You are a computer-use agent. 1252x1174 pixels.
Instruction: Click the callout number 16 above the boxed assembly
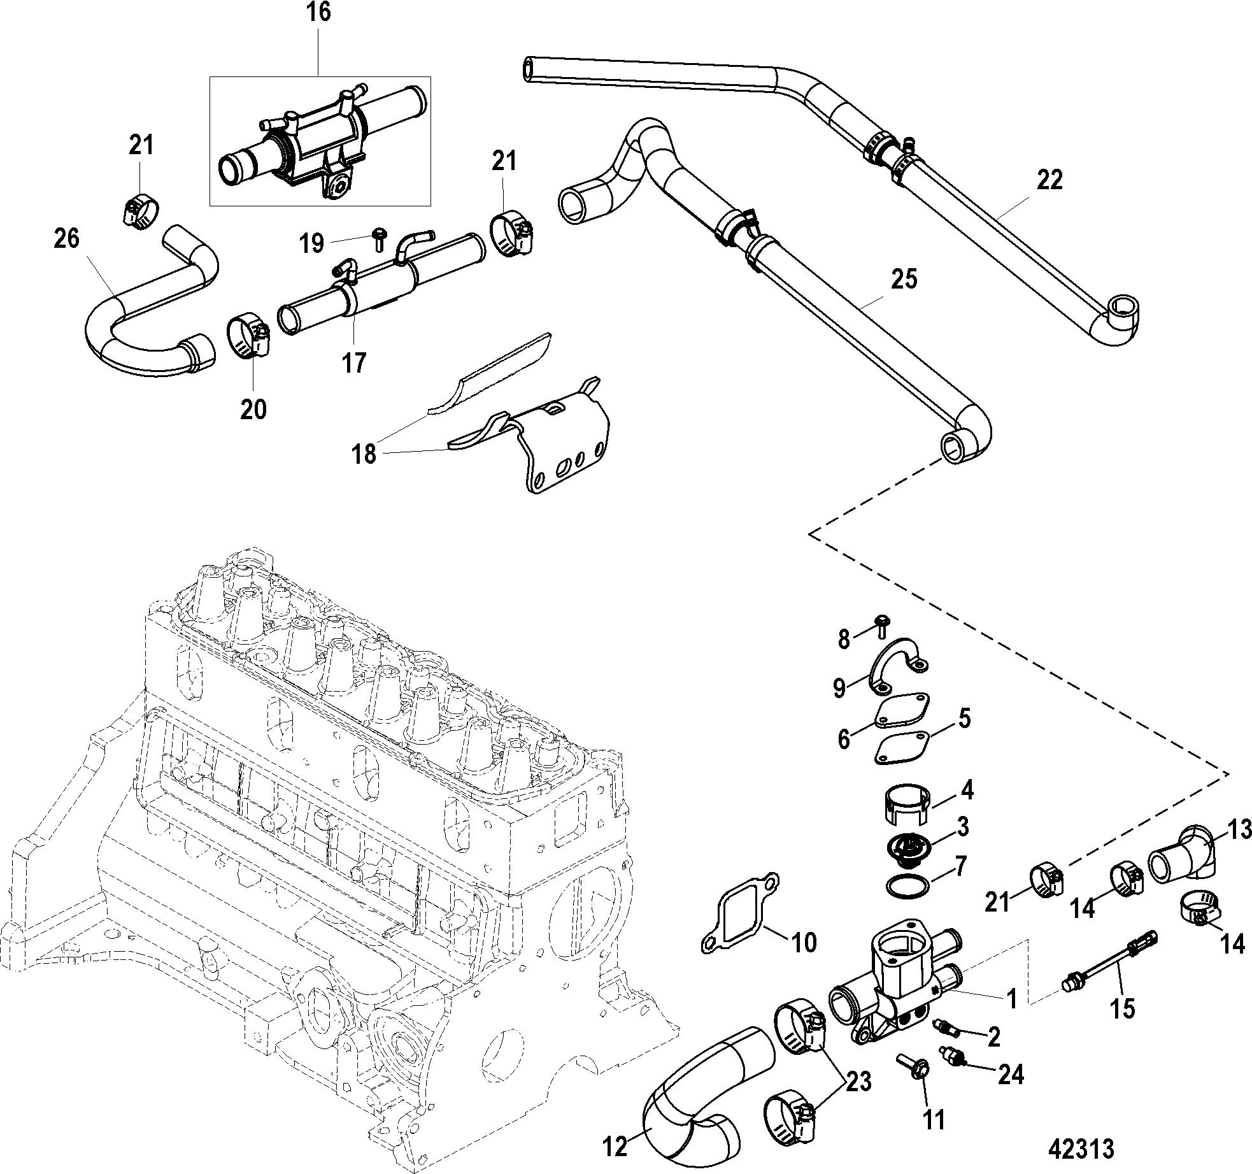click(x=319, y=13)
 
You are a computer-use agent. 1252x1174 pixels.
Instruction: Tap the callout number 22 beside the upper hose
click(x=1049, y=180)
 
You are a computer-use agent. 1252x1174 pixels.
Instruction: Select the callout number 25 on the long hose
click(x=905, y=279)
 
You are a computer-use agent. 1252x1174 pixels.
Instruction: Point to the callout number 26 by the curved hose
click(x=67, y=239)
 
